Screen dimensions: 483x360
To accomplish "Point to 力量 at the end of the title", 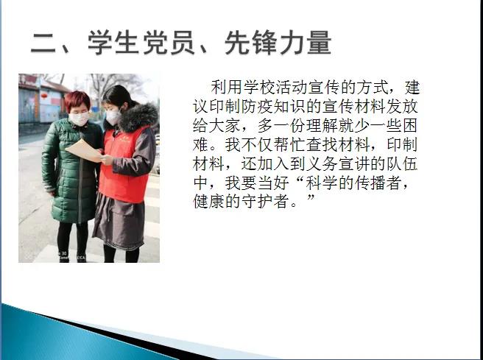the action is pyautogui.click(x=306, y=43).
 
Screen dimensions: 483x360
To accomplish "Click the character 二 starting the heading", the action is pyautogui.click(x=43, y=43).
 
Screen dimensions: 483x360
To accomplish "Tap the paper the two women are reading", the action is pyautogui.click(x=84, y=150).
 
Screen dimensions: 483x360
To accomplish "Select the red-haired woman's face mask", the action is pyautogui.click(x=80, y=119).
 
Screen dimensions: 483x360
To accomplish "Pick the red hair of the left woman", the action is pyautogui.click(x=77, y=101).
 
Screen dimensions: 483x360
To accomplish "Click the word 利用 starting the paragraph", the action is pyautogui.click(x=227, y=88).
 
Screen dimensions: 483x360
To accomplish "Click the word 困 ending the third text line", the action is pyautogui.click(x=409, y=126).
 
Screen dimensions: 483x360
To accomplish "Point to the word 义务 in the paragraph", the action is pyautogui.click(x=322, y=164).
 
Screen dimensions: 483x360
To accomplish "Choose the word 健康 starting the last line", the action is pyautogui.click(x=209, y=202).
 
